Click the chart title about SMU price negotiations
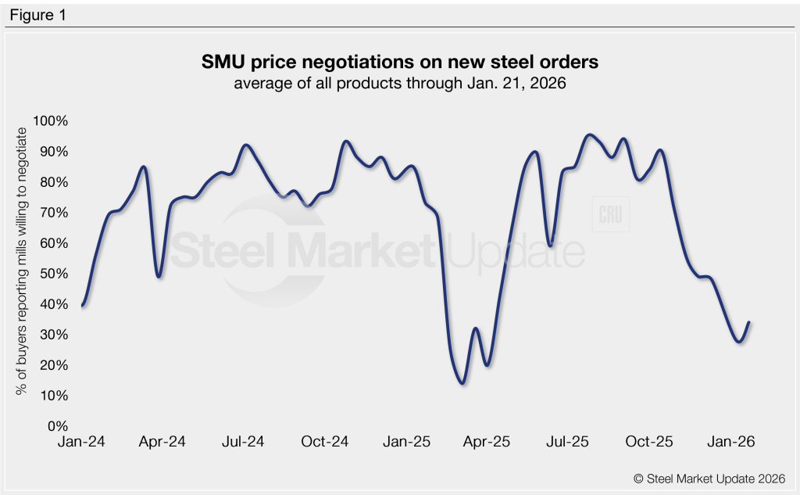(399, 63)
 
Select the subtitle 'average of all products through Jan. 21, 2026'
(399, 83)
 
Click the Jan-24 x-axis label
(81, 442)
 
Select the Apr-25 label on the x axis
(487, 442)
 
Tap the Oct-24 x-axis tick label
(324, 442)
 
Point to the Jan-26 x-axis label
(731, 442)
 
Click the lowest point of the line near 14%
(462, 383)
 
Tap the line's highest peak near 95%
(589, 135)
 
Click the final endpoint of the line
(749, 322)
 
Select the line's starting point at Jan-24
(82, 306)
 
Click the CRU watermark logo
(611, 216)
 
